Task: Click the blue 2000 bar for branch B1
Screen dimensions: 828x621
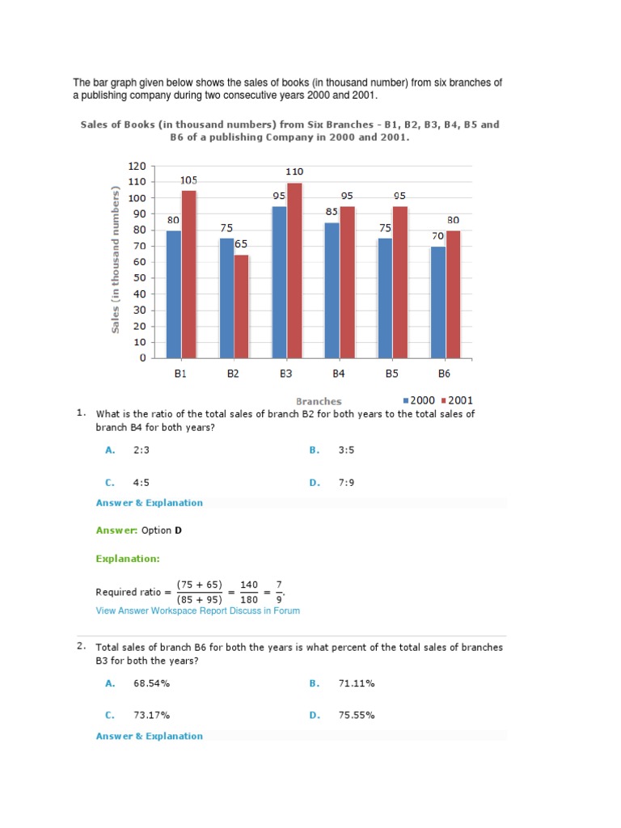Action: (x=173, y=294)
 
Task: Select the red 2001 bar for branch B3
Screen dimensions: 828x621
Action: (x=294, y=270)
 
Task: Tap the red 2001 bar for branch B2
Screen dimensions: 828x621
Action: (x=241, y=306)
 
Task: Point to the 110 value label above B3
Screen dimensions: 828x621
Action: (x=294, y=172)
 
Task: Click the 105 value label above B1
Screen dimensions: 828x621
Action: (x=188, y=180)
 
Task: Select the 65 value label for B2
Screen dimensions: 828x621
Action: (x=241, y=243)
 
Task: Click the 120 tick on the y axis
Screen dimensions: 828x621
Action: (x=137, y=166)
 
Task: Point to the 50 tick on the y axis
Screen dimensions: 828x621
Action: (x=139, y=277)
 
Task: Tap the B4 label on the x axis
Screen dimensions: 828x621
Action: (x=339, y=374)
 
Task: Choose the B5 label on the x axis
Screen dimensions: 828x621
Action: (x=391, y=374)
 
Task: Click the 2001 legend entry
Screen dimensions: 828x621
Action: (x=457, y=400)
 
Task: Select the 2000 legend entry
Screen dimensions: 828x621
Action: (x=420, y=400)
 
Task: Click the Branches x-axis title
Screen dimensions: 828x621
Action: (x=319, y=401)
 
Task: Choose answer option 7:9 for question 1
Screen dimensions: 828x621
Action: (x=346, y=483)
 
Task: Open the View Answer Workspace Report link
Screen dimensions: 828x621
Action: (x=162, y=610)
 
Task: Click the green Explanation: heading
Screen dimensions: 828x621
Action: (x=128, y=558)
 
